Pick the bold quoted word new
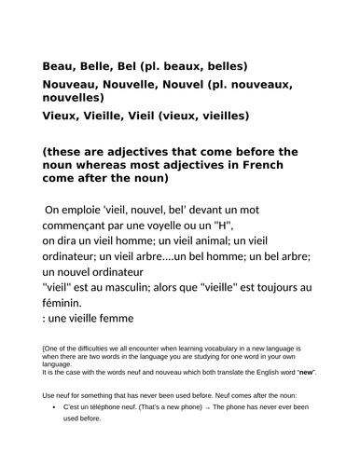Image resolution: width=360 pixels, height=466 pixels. [303, 373]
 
